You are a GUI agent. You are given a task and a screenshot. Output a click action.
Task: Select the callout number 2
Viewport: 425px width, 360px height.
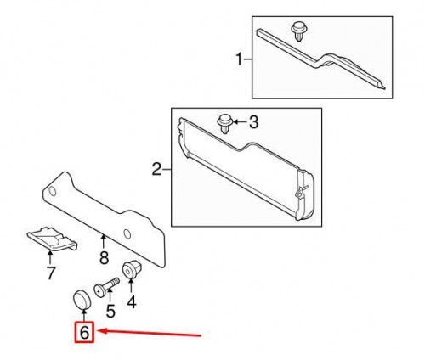(156, 170)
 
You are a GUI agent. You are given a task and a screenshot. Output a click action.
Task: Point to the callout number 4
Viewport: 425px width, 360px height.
(132, 301)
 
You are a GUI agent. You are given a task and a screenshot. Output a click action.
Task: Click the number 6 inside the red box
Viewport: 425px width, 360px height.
(84, 333)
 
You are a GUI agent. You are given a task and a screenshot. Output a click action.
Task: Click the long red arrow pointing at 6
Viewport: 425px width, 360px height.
(153, 332)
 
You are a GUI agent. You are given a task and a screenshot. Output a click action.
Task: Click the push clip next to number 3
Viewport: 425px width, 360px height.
(226, 122)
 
